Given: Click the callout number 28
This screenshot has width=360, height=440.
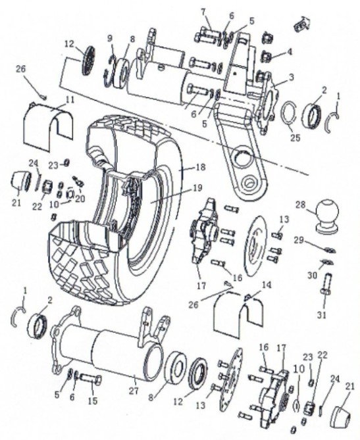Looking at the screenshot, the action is pyautogui.click(x=300, y=205).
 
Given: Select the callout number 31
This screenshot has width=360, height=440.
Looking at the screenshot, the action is pyautogui.click(x=322, y=315).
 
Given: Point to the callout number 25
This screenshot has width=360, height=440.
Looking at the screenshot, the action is pyautogui.click(x=295, y=137).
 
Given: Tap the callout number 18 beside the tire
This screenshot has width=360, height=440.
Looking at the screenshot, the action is pyautogui.click(x=201, y=167).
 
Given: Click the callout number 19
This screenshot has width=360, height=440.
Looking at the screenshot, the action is pyautogui.click(x=197, y=187).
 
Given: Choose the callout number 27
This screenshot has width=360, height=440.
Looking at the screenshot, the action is pyautogui.click(x=134, y=391).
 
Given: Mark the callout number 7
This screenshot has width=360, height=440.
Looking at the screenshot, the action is pyautogui.click(x=203, y=12).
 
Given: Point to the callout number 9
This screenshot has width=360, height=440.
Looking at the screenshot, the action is pyautogui.click(x=109, y=37).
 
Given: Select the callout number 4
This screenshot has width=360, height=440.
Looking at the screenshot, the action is pyautogui.click(x=289, y=52).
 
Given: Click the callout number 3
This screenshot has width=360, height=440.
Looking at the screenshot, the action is pyautogui.click(x=291, y=76).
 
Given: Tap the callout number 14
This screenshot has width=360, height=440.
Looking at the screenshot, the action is pyautogui.click(x=267, y=285).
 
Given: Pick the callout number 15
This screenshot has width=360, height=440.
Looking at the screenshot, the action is pyautogui.click(x=92, y=401).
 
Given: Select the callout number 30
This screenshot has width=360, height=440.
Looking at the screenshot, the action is pyautogui.click(x=312, y=276).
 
